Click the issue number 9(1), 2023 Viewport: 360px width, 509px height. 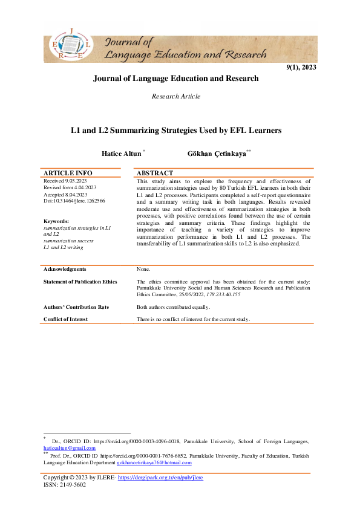pos(301,67)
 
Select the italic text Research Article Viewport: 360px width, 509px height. pos(176,96)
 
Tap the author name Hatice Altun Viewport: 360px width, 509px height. pos(123,154)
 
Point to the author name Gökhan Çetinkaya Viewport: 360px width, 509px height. pos(217,154)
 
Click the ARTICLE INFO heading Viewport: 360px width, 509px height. pos(67,173)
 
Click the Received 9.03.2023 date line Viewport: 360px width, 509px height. pos(65,181)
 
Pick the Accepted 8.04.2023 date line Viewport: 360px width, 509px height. pos(65,194)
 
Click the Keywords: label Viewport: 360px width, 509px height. pos(59,221)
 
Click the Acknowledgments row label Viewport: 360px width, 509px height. pos(65,269)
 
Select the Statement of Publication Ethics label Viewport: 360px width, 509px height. pos(80,282)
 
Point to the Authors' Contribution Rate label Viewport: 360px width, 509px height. pos(76,307)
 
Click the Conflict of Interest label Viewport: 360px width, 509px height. pos(65,319)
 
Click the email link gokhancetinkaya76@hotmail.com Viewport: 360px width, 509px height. pos(154,462)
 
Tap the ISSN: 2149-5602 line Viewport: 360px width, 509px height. pos(65,484)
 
